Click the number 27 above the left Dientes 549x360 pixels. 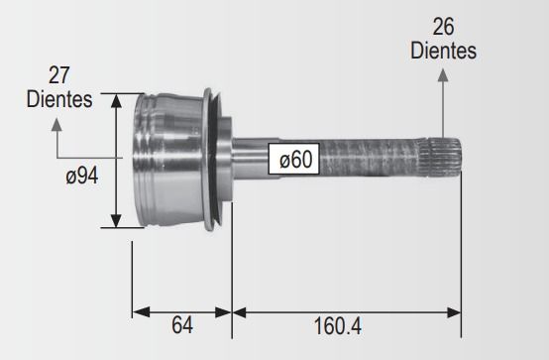click(x=58, y=75)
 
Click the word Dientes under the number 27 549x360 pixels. click(x=59, y=99)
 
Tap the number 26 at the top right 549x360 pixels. click(x=443, y=27)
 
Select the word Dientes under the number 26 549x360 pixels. click(x=443, y=51)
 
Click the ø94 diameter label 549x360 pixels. click(x=82, y=176)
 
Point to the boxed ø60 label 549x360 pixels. click(x=294, y=159)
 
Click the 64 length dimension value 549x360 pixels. click(x=182, y=325)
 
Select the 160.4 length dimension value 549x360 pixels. click(x=338, y=326)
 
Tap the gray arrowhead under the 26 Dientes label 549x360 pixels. click(x=443, y=75)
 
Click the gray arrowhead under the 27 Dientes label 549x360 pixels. click(x=56, y=125)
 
